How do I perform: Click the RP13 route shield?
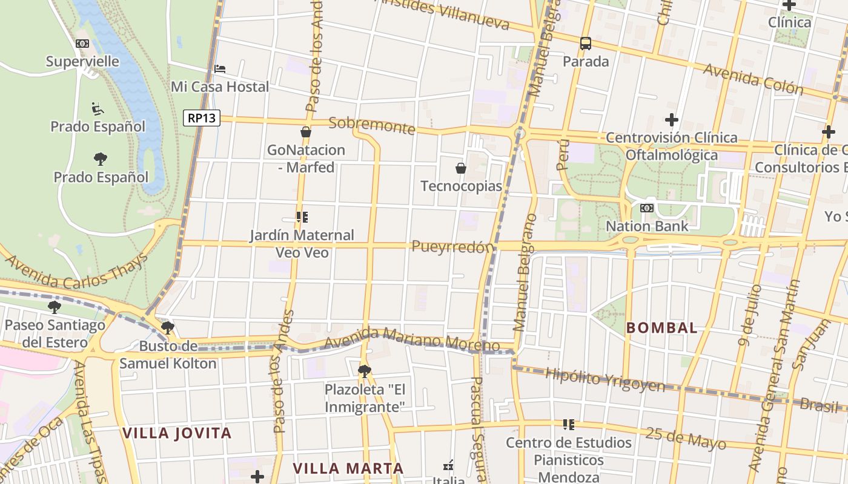pyautogui.click(x=202, y=118)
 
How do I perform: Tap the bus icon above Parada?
pyautogui.click(x=585, y=44)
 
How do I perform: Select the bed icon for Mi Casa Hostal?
pyautogui.click(x=220, y=69)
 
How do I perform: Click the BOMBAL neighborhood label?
pyautogui.click(x=661, y=328)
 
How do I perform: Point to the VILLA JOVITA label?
pyautogui.click(x=177, y=433)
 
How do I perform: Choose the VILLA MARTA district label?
pyautogui.click(x=348, y=468)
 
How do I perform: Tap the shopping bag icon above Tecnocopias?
pyautogui.click(x=461, y=168)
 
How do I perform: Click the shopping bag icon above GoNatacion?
pyautogui.click(x=306, y=132)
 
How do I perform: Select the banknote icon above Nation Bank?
pyautogui.click(x=647, y=208)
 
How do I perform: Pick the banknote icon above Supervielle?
pyautogui.click(x=82, y=44)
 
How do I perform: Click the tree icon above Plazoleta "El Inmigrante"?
pyautogui.click(x=364, y=371)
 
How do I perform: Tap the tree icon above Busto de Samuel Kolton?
pyautogui.click(x=168, y=328)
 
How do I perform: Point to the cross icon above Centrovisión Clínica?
pyautogui.click(x=671, y=120)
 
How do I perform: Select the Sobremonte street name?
pyautogui.click(x=371, y=125)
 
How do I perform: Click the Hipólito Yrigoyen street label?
pyautogui.click(x=605, y=380)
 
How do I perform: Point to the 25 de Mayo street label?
pyautogui.click(x=686, y=438)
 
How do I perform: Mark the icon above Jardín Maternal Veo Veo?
pyautogui.click(x=302, y=217)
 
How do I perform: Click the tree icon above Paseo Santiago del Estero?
pyautogui.click(x=55, y=307)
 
